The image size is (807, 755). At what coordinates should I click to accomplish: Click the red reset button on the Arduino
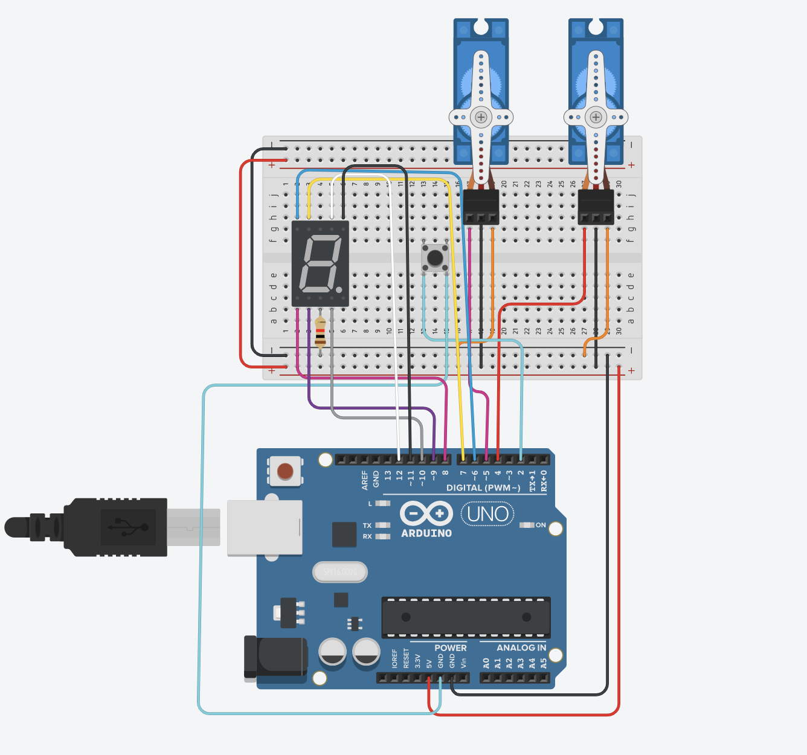(285, 471)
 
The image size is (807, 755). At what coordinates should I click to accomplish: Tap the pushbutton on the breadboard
(435, 258)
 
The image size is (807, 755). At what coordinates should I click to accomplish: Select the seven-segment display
(320, 264)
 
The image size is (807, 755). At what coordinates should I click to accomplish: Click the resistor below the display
(320, 333)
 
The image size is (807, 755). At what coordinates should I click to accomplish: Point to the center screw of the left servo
(481, 117)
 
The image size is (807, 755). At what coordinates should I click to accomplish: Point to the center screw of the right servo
(596, 117)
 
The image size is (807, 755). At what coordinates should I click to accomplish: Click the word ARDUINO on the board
(426, 533)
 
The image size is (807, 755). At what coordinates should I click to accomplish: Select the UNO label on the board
(487, 514)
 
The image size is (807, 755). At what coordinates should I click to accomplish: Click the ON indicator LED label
(540, 525)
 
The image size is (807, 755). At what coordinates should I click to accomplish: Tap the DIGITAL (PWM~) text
(483, 488)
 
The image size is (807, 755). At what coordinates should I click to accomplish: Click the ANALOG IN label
(521, 647)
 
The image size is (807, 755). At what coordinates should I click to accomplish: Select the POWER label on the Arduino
(450, 647)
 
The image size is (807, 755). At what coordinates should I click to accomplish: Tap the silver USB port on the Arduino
(265, 528)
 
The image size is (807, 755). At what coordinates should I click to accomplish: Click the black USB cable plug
(115, 527)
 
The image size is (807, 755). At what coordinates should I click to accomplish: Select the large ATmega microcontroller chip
(466, 617)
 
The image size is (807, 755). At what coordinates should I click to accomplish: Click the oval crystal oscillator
(340, 571)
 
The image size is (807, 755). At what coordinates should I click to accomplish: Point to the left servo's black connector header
(481, 207)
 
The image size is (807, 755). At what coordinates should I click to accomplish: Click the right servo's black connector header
(596, 207)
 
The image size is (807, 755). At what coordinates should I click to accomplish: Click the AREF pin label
(365, 480)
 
